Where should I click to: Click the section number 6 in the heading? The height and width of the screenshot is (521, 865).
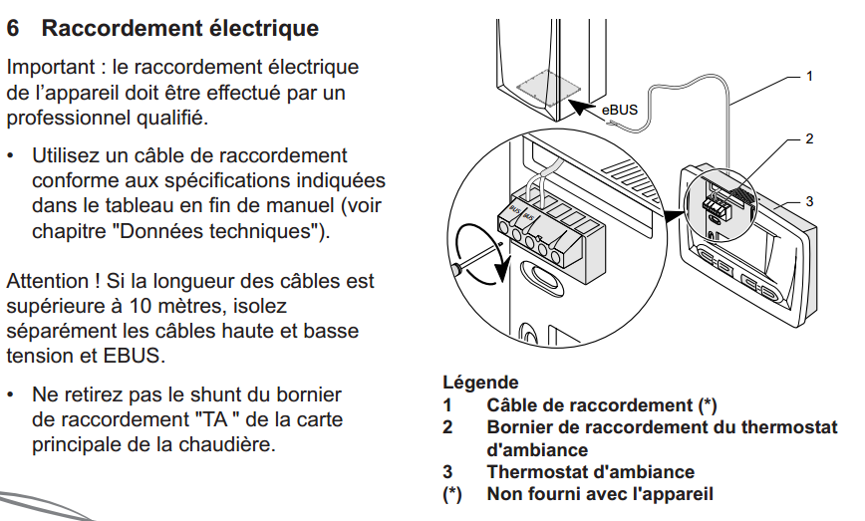(x=13, y=28)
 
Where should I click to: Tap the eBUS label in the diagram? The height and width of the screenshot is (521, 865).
(x=619, y=109)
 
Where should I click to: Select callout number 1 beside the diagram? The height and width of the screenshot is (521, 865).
(x=809, y=75)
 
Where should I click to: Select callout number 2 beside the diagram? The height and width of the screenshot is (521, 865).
(x=809, y=138)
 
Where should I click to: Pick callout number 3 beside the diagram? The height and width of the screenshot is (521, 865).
(x=809, y=201)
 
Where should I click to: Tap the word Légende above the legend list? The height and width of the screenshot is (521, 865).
(x=480, y=383)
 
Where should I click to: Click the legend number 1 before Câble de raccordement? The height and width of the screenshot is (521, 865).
(x=447, y=405)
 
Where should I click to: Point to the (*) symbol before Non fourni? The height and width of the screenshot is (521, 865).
(x=451, y=494)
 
